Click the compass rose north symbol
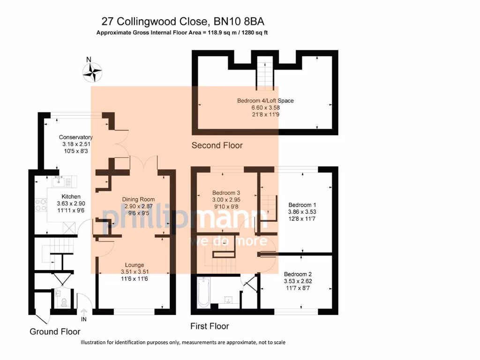click(92, 72)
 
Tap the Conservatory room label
click(75, 137)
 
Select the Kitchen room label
click(71, 196)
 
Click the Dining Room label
click(138, 199)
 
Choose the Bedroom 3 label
click(226, 193)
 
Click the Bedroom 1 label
click(302, 205)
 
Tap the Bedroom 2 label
click(298, 274)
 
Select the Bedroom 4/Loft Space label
click(265, 100)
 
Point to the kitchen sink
click(60, 179)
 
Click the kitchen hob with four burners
click(40, 205)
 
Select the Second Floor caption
click(217, 145)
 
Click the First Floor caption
click(210, 326)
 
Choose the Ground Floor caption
click(55, 331)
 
